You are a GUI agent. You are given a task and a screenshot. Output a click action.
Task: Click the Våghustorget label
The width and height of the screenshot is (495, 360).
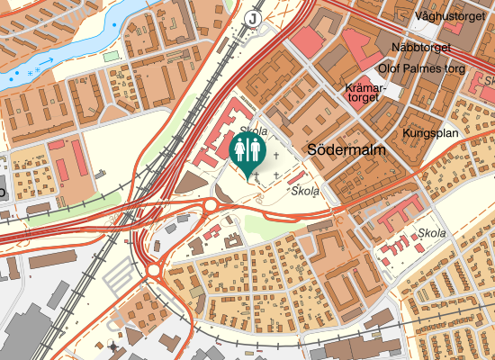click(x=452, y=16)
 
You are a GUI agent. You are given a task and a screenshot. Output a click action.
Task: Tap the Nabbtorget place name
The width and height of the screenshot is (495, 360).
click(x=418, y=48)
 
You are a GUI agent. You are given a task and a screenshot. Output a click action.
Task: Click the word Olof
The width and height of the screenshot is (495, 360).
click(x=395, y=67)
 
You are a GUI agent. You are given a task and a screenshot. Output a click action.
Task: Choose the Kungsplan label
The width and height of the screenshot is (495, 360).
click(x=431, y=134)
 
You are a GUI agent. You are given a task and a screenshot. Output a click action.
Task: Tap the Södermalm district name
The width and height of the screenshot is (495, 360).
click(x=346, y=151)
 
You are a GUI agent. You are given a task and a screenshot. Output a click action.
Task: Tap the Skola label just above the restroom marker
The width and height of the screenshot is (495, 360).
click(x=253, y=130)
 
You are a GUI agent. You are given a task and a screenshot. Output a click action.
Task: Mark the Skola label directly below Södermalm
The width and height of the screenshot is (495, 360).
click(x=305, y=191)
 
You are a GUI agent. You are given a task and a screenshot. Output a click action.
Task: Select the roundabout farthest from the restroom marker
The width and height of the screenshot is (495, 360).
click(x=154, y=268)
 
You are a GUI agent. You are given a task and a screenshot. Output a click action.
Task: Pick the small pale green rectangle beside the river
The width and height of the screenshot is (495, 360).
click(x=111, y=56)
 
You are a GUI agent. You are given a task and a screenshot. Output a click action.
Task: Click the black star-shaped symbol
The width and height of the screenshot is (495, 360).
click(x=112, y=346)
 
